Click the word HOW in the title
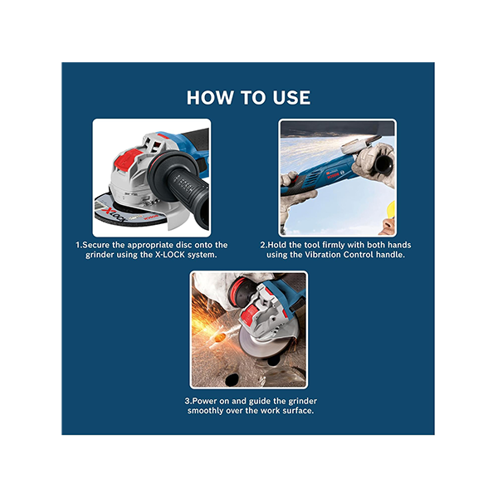point(209,97)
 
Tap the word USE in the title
point(291,97)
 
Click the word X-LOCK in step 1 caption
point(170,255)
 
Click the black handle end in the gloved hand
point(385,164)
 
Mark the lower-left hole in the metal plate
point(232,379)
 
